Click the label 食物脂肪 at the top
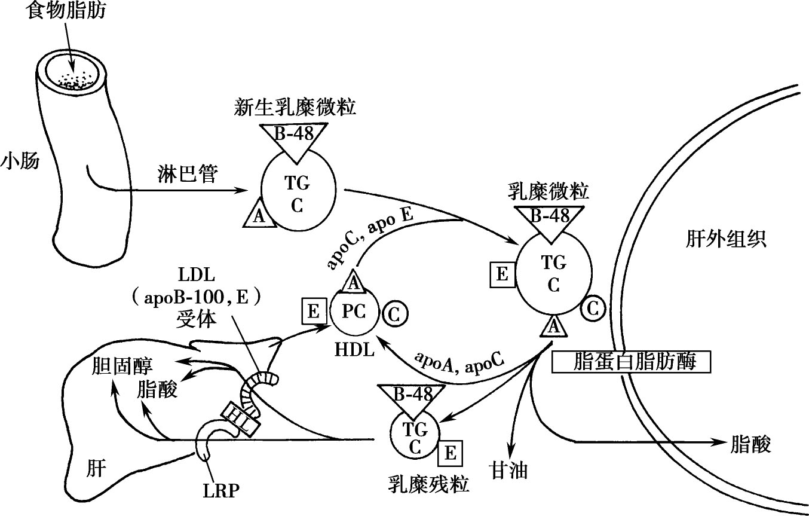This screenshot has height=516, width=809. coord(66,11)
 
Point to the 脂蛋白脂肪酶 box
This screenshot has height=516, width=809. coord(632,362)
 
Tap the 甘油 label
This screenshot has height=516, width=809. coord(508,469)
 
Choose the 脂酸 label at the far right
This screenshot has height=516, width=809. coord(750,444)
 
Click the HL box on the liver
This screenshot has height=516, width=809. coord(242,417)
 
